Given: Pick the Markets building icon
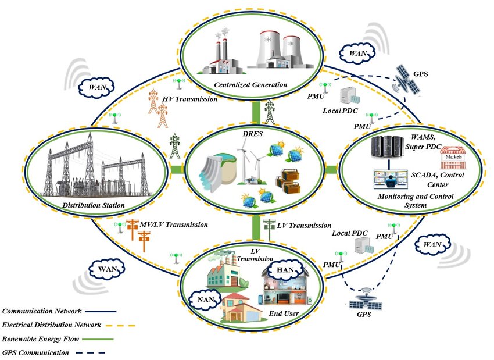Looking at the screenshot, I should click(x=453, y=156).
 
